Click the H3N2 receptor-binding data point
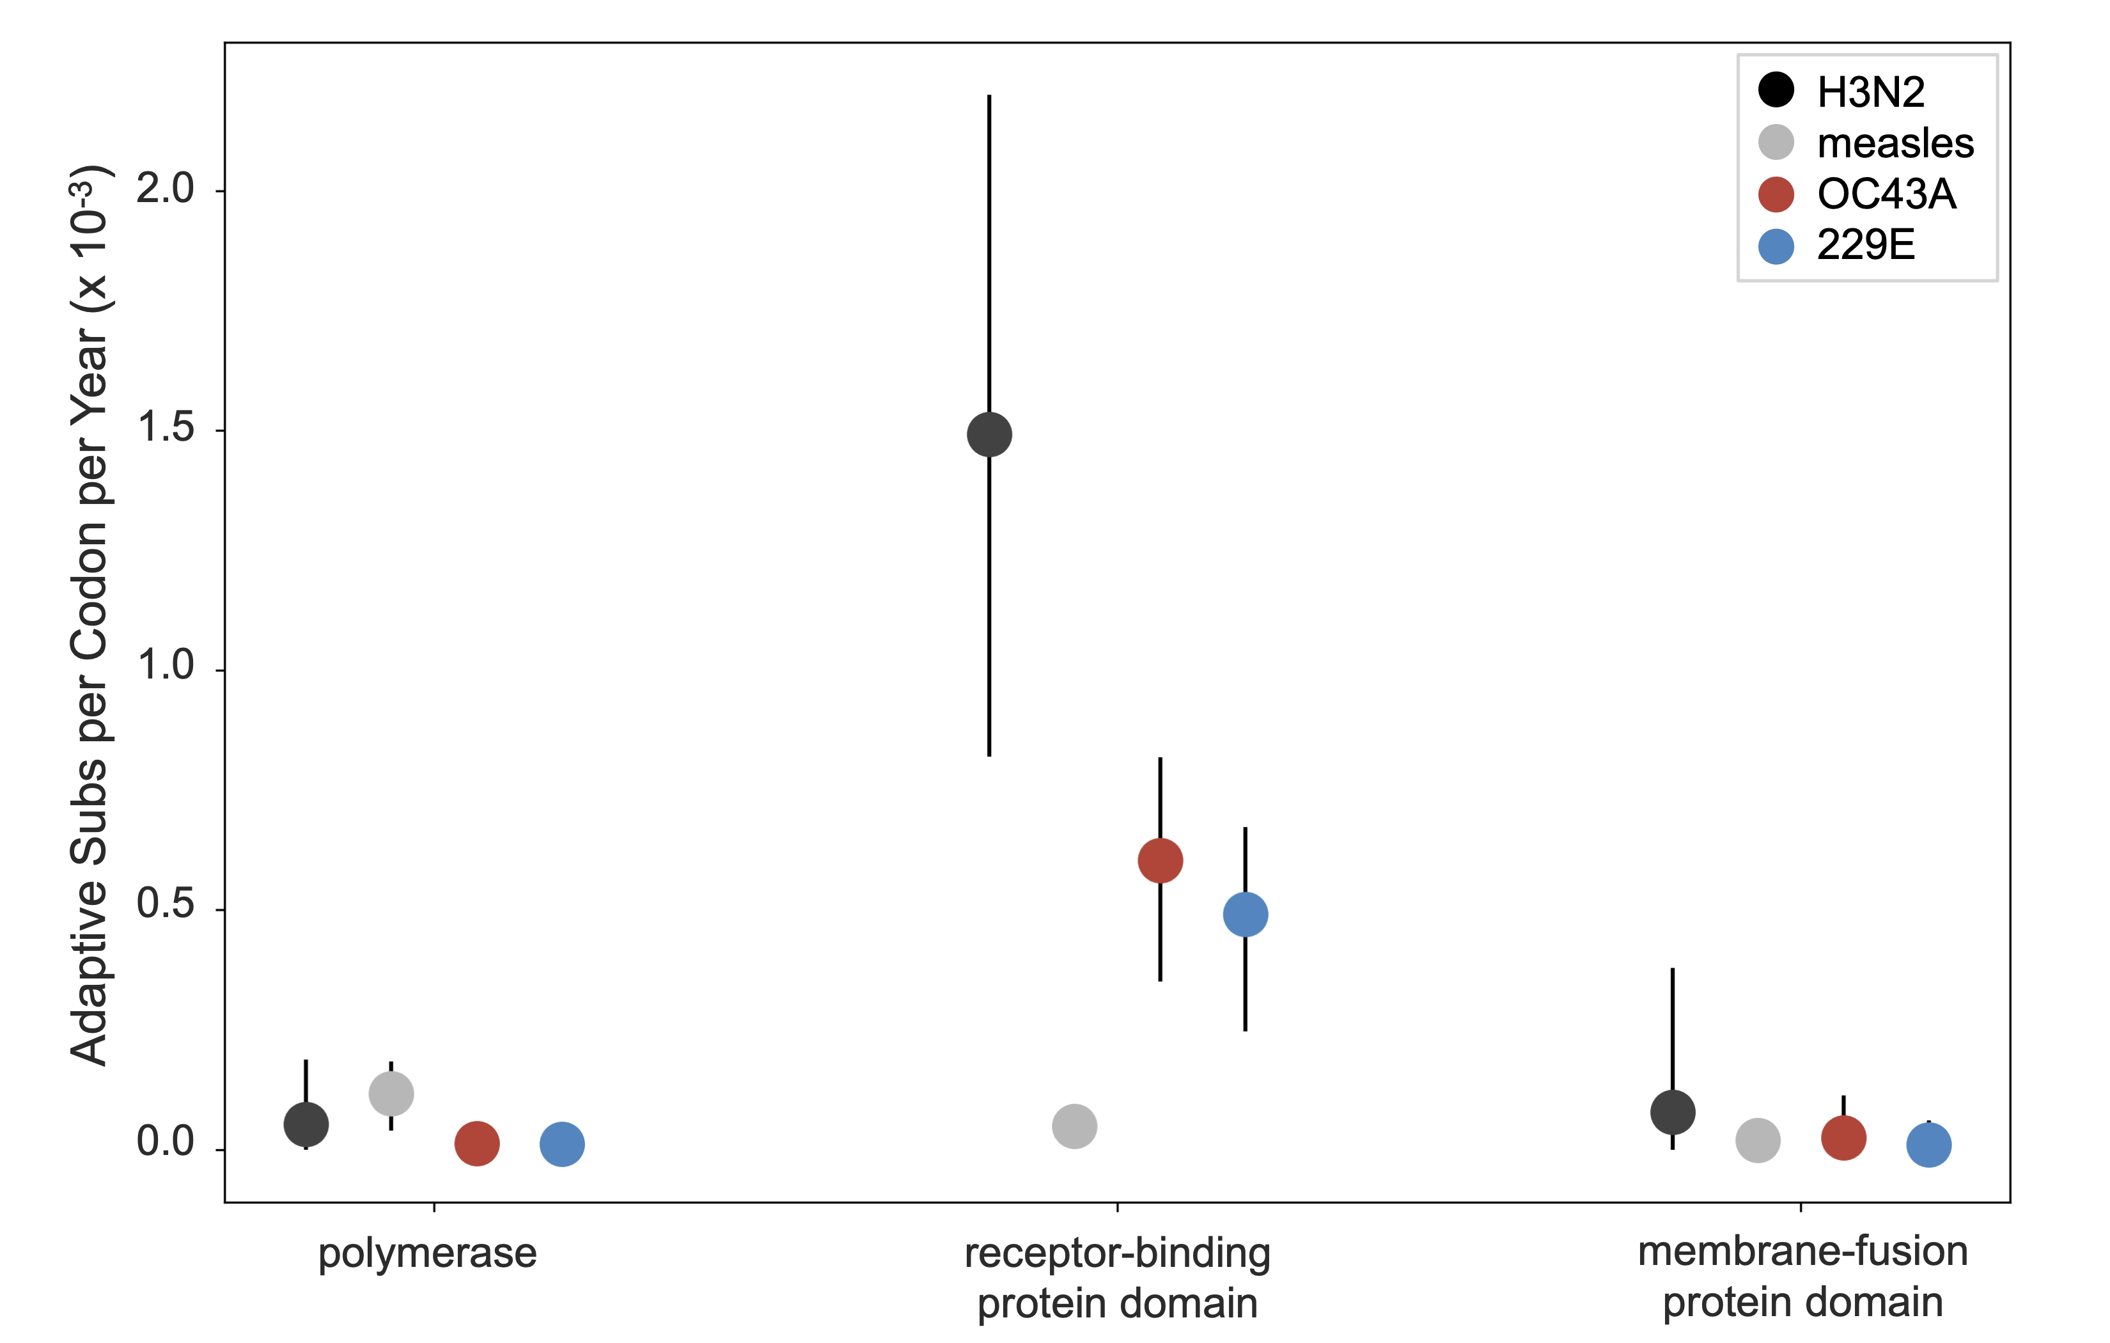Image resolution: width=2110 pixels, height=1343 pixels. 989,434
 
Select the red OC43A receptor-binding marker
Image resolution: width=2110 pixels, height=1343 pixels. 1160,860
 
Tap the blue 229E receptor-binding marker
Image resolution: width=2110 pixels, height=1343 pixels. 1245,915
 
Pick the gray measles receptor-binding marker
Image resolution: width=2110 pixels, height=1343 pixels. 1074,1126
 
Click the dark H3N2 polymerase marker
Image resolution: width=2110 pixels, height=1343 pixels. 306,1124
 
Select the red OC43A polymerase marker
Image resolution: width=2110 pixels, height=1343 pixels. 477,1143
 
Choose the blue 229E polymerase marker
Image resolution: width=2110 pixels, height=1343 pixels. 561,1144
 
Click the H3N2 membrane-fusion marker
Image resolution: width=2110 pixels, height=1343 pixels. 1673,1112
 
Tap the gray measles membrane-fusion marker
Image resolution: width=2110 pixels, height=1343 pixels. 1758,1140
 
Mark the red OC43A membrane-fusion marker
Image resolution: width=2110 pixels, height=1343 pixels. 1843,1138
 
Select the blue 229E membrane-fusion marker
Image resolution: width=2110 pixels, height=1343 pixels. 1928,1145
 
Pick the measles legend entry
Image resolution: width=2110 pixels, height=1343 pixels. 1895,143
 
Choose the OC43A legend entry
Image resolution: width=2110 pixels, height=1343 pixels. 1886,194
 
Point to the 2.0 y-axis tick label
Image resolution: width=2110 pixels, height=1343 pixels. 165,189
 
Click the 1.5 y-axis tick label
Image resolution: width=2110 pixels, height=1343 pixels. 165,428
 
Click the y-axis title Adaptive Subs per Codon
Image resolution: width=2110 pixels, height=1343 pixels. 90,614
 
